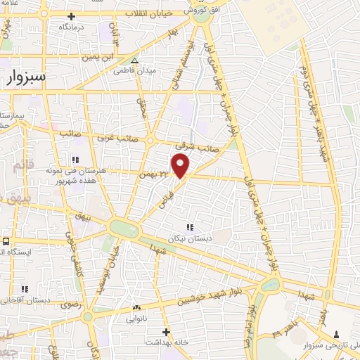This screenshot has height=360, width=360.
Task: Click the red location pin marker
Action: pyautogui.click(x=181, y=166)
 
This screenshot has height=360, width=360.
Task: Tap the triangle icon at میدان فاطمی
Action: pyautogui.click(x=135, y=60)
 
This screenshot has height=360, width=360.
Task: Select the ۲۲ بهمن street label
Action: pyautogui.click(x=155, y=172)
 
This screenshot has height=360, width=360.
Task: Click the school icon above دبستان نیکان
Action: pyautogui.click(x=189, y=226)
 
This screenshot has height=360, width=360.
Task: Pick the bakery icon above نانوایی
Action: pyautogui.click(x=136, y=307)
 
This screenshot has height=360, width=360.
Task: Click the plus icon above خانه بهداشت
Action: pyautogui.click(x=166, y=331)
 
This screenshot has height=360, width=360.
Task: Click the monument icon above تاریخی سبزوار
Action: pyautogui.click(x=336, y=334)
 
